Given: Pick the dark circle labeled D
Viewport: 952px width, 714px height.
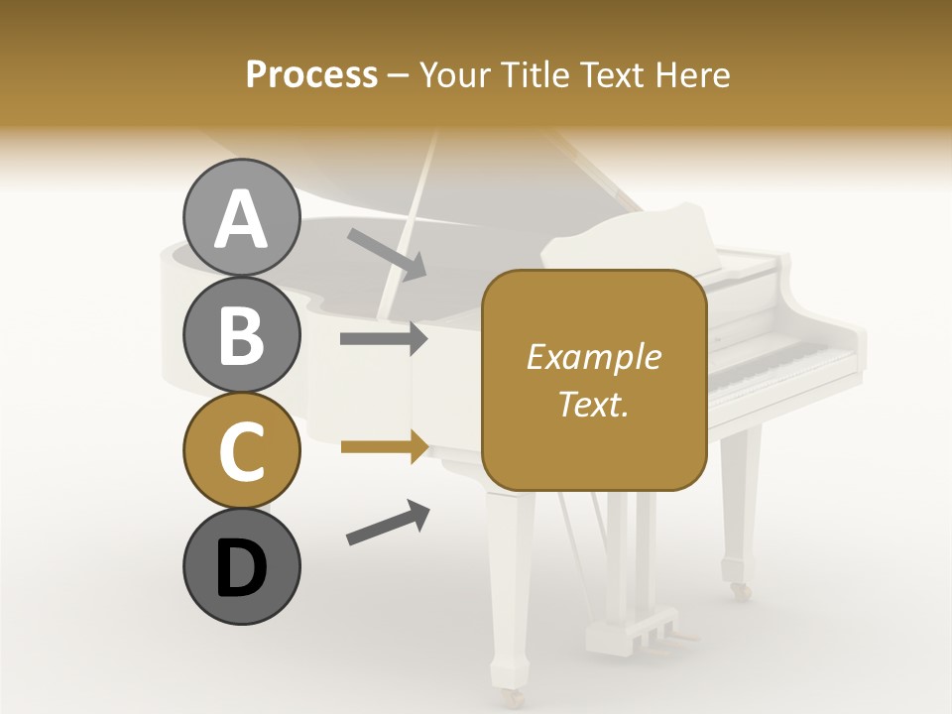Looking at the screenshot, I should click(x=241, y=566).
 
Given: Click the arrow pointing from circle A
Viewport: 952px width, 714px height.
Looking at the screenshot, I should click(x=387, y=253).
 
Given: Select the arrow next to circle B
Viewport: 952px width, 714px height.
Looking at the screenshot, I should click(x=384, y=339).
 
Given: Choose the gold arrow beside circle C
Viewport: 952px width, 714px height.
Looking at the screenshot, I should click(x=384, y=447).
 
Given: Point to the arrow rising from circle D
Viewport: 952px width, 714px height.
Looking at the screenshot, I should click(x=388, y=523).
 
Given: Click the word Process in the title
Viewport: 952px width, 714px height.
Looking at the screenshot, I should click(x=311, y=74).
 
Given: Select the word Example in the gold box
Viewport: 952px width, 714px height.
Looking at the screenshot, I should click(x=593, y=357).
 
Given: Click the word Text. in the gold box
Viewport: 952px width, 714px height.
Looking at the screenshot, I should click(x=593, y=404).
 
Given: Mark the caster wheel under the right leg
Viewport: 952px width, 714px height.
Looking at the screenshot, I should click(x=740, y=591).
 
